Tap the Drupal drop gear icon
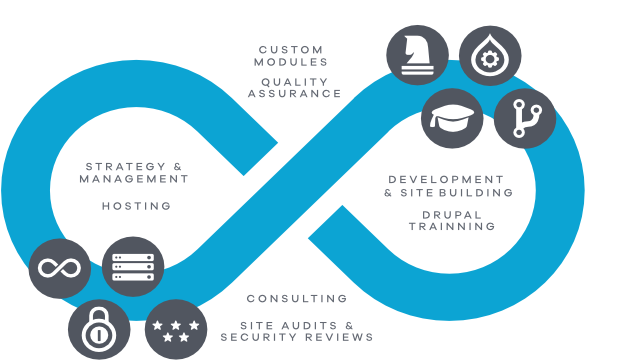490,56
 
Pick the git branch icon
526,118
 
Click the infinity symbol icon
59,268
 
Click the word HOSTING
136,206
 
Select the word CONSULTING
297,299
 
